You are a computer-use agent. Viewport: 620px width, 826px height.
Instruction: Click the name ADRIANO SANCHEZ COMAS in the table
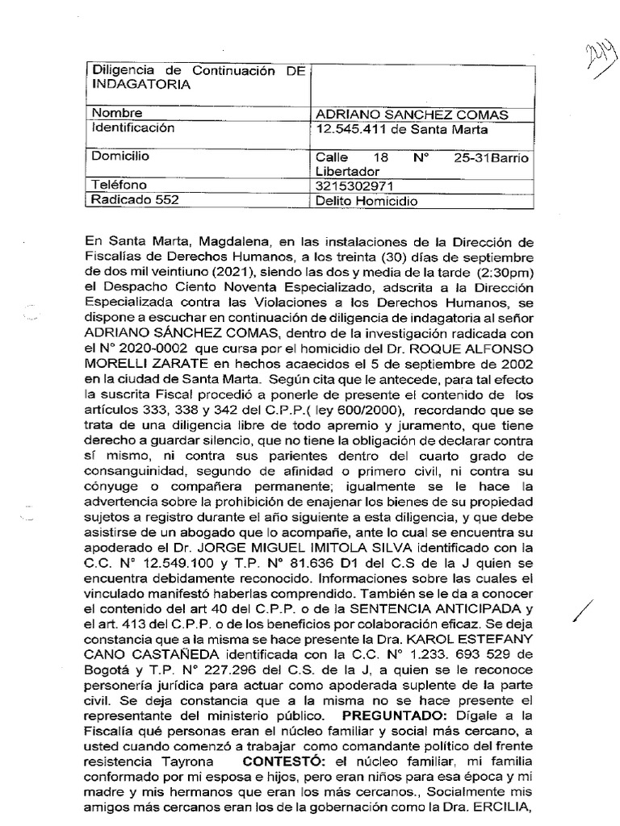tap(408, 114)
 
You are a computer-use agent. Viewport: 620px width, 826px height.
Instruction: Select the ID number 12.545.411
tap(352, 129)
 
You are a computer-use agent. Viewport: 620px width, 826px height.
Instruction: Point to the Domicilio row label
tap(120, 156)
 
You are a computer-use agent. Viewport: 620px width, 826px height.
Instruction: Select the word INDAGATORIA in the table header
tap(142, 85)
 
